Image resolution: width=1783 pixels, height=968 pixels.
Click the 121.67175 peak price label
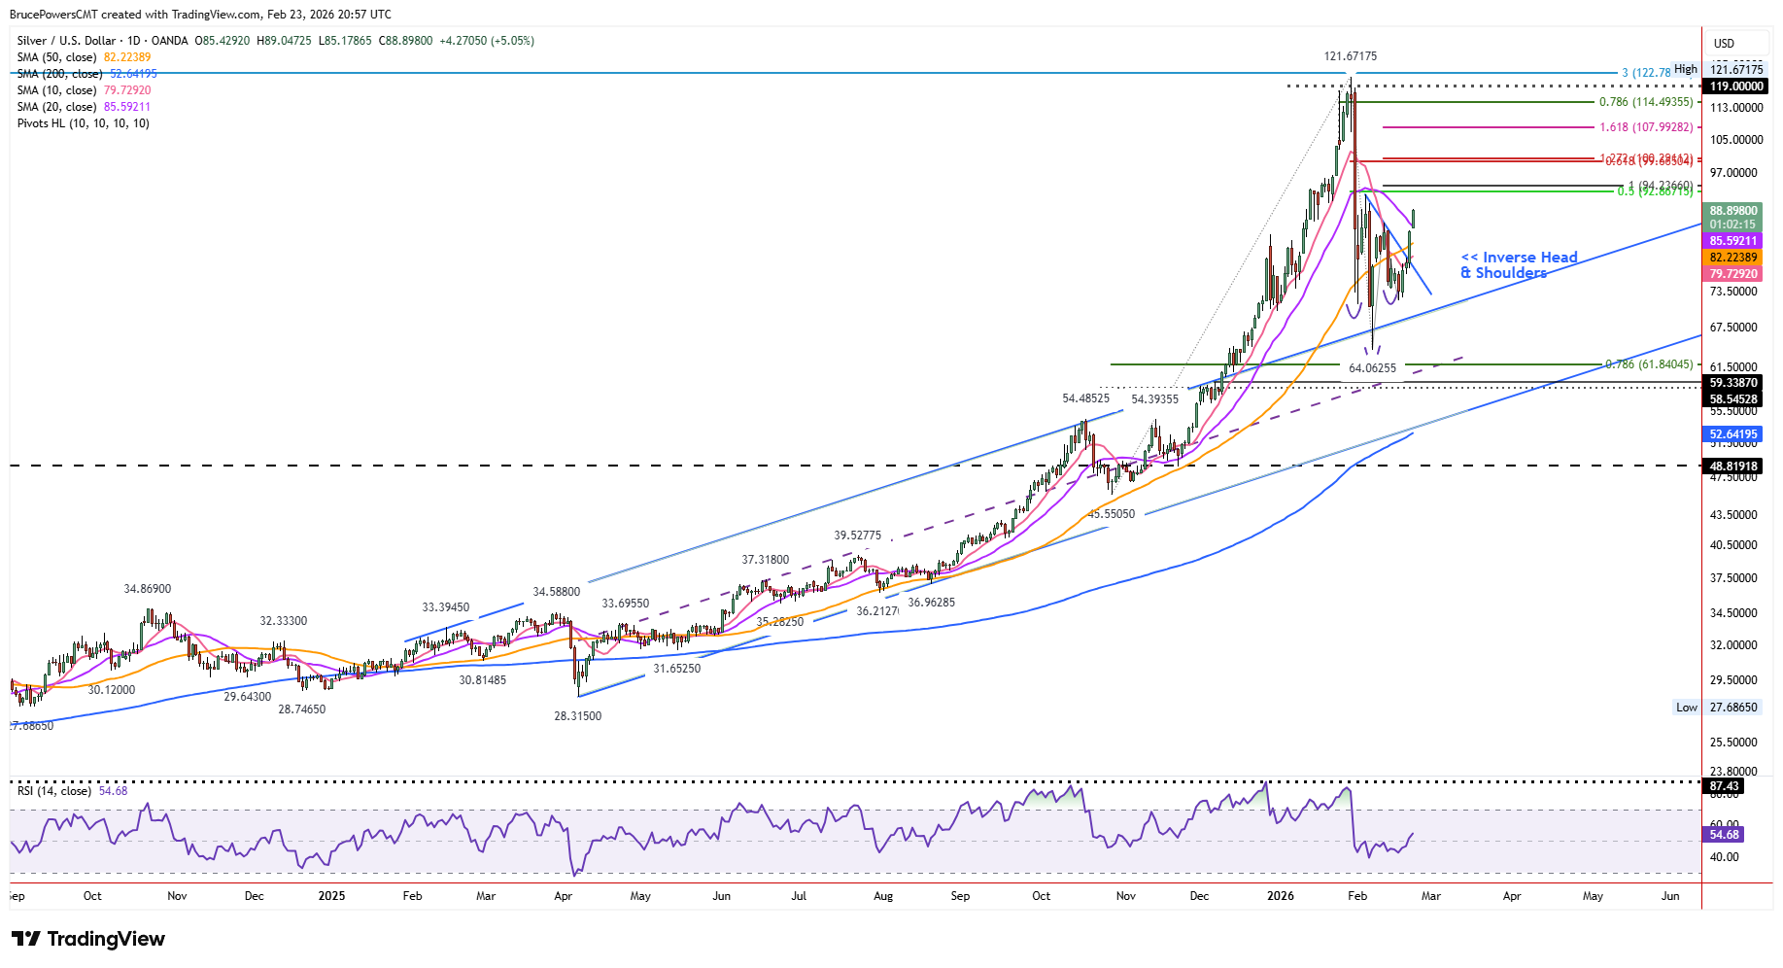(x=1350, y=56)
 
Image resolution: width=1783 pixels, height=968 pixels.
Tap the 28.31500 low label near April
(x=577, y=716)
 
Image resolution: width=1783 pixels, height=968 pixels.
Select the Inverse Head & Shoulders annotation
(x=1519, y=264)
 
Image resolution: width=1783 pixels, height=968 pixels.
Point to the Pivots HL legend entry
(x=84, y=123)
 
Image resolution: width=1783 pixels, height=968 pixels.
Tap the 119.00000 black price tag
(x=1736, y=86)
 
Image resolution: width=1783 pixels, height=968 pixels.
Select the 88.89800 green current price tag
(x=1733, y=211)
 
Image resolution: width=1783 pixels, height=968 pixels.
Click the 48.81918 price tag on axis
(x=1733, y=467)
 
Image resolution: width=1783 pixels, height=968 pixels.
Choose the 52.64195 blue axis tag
(x=1733, y=434)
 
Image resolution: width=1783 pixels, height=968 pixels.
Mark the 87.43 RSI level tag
(x=1724, y=786)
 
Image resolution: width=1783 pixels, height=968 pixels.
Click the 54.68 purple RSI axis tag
(x=1724, y=835)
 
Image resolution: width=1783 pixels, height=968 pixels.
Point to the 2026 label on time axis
(x=1281, y=896)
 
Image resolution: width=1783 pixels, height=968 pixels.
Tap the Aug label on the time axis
(x=882, y=896)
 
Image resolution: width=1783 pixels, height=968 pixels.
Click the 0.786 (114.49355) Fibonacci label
(x=1646, y=102)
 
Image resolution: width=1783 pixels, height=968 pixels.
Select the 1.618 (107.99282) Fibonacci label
(x=1646, y=127)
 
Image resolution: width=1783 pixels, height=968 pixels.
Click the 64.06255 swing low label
(x=1372, y=368)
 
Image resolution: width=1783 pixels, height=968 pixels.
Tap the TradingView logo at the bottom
(x=88, y=939)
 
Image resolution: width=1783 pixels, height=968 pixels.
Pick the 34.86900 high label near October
(x=147, y=589)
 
